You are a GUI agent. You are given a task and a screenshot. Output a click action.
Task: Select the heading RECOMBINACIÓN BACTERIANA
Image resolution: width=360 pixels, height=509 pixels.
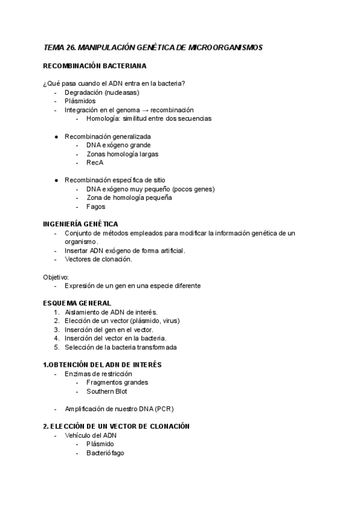point(95,65)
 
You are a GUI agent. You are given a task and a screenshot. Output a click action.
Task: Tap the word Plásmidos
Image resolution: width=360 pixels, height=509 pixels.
point(80,101)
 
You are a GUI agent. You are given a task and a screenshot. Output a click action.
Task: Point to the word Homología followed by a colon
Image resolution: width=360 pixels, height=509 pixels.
point(103,119)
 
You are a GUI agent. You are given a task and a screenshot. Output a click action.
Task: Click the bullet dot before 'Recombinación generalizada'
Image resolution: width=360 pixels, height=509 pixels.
point(56,137)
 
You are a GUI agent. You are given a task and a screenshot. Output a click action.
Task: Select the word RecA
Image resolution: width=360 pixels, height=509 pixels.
point(95,163)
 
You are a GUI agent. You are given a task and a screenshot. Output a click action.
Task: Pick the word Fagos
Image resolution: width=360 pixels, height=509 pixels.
point(96,206)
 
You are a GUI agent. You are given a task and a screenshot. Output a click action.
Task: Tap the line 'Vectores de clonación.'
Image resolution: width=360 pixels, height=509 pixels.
point(98,259)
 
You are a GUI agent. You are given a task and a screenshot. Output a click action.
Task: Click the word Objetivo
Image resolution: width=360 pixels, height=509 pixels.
point(56,277)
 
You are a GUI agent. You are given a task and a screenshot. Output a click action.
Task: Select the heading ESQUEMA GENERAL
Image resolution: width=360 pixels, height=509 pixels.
point(77,303)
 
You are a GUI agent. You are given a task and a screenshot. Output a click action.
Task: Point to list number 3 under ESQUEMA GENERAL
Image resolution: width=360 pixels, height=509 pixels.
point(56,330)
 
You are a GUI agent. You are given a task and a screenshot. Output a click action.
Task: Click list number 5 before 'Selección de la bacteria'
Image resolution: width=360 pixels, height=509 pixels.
point(56,347)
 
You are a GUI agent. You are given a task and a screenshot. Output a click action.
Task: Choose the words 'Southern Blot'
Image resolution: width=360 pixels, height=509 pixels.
point(107,391)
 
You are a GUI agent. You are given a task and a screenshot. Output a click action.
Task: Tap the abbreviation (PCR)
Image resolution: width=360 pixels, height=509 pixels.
point(163,409)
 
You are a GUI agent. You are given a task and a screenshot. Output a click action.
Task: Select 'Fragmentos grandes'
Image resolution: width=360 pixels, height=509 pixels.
point(117,382)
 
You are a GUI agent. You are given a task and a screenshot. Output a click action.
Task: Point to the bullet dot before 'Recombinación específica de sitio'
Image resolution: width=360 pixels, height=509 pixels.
point(56,180)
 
